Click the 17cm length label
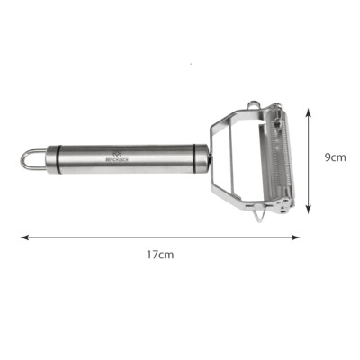pyautogui.click(x=160, y=255)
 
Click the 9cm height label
pyautogui.click(x=335, y=157)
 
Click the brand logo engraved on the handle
pyautogui.click(x=120, y=155)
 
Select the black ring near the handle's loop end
pyautogui.click(x=54, y=159)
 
